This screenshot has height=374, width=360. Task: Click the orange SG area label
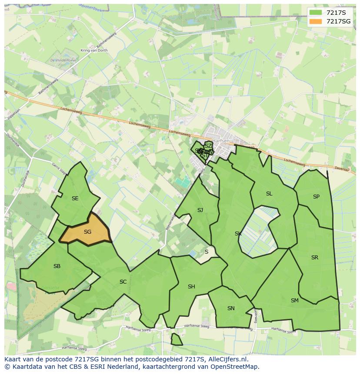87,232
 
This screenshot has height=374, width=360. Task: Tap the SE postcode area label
75,199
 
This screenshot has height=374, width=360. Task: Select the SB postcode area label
57,266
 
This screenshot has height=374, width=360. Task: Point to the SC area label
123,282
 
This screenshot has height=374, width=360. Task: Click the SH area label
191,287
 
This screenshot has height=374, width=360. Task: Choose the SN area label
231,308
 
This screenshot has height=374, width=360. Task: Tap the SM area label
295,301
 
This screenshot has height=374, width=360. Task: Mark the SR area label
315,258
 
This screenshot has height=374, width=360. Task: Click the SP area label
316,197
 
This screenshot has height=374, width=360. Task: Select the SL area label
269,194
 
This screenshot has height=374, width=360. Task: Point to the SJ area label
200,210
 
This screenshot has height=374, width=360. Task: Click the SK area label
238,234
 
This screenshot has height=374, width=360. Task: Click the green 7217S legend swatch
316,13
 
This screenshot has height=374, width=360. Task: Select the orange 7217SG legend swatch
316,21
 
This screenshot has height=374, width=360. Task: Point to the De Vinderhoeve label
63,60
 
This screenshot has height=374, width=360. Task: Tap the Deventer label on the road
342,169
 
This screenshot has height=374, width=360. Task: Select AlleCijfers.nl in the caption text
227,359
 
